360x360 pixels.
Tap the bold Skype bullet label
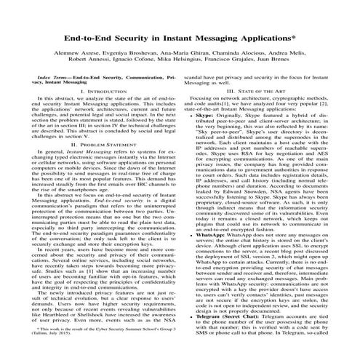coord(207,115)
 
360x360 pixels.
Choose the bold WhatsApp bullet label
coord(212,236)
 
